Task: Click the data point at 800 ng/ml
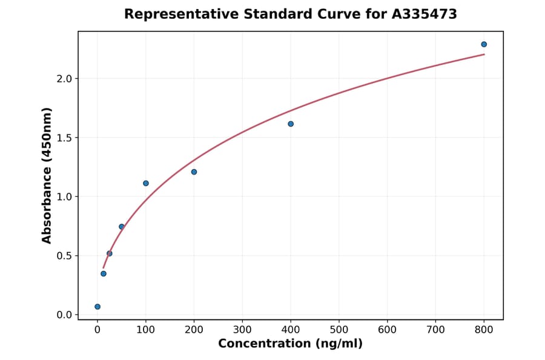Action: [x=484, y=44]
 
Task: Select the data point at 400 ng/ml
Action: [x=291, y=124]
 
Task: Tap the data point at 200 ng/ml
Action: [x=194, y=172]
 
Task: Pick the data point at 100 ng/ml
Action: [x=146, y=183]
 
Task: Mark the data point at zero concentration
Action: [x=97, y=307]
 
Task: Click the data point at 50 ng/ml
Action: [x=122, y=227]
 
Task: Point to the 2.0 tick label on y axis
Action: [x=64, y=79]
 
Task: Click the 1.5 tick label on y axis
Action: [x=64, y=138]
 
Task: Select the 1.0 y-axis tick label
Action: [x=64, y=197]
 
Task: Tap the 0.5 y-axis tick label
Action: [x=64, y=256]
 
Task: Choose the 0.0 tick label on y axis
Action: [x=64, y=315]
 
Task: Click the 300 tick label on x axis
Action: [x=242, y=329]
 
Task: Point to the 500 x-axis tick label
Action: [x=339, y=329]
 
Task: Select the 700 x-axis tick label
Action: [x=435, y=329]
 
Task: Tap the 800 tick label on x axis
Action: [x=484, y=329]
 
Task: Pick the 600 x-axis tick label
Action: [x=388, y=329]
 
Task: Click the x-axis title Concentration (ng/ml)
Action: [x=290, y=344]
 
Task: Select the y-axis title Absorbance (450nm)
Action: [x=47, y=175]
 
